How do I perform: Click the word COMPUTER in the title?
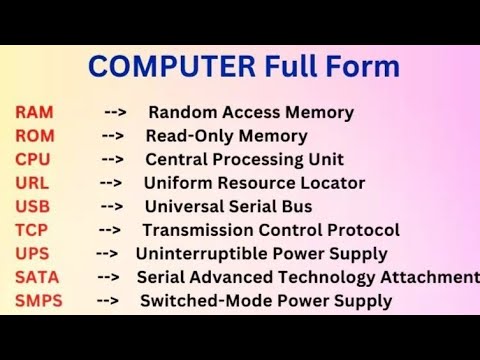pos(172,68)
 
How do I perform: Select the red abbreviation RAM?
pos(35,112)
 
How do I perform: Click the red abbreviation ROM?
pos(35,136)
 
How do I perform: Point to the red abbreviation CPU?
pos(33,159)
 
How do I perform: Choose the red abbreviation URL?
pos(32,183)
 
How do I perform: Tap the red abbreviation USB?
pos(32,206)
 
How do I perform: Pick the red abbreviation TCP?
pos(32,230)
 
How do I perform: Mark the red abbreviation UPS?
pos(32,253)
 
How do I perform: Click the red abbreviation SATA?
pos(37,277)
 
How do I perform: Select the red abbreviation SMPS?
pos(38,300)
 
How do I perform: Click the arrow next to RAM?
pos(115,112)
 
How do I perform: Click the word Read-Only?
pos(189,136)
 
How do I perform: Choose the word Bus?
pos(297,206)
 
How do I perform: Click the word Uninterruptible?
pos(196,253)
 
